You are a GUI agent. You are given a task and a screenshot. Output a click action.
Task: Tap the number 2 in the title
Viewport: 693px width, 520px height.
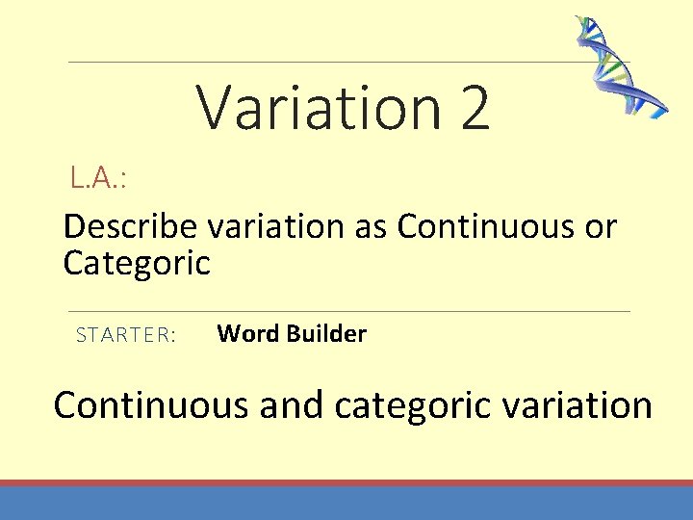coord(475,108)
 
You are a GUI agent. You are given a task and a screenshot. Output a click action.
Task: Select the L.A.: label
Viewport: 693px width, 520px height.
coord(100,177)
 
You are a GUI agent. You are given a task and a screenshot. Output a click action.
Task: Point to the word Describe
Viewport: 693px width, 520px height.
coord(129,227)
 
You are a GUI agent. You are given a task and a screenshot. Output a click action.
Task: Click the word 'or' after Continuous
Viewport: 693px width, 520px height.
coord(597,228)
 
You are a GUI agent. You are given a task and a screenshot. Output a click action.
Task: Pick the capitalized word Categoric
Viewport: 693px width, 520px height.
coord(136,262)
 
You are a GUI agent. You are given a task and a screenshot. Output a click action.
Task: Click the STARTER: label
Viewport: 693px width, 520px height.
coord(125,335)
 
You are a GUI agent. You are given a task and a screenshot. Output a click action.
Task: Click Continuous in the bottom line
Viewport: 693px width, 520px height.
coord(151,404)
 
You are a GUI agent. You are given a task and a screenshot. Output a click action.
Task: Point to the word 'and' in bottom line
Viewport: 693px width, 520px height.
coord(291,404)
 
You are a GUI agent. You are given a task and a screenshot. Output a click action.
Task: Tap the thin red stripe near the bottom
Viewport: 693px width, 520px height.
coord(346,482)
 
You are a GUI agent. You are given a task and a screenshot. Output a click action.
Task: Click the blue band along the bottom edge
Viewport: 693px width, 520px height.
coord(346,504)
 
